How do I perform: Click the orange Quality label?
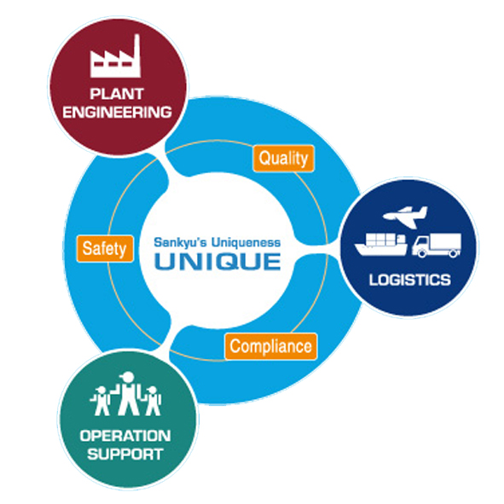283,158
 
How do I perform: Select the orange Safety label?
105,248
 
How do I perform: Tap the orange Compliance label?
270,346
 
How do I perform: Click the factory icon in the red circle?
115,56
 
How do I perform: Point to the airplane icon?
405,217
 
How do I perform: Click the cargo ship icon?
381,245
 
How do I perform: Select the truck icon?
437,246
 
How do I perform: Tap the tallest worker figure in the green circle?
128,393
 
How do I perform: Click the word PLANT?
117,94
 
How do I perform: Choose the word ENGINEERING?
117,113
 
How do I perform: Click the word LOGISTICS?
410,280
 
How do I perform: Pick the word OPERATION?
125,436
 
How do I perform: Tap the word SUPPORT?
125,455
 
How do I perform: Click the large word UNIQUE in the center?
217,261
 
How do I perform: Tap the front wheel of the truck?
422,253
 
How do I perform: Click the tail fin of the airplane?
423,211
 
